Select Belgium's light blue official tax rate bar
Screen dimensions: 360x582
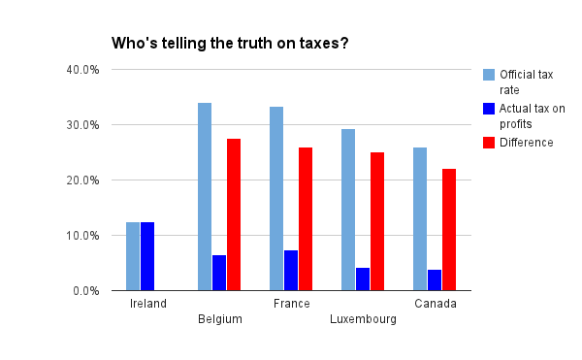pos(205,196)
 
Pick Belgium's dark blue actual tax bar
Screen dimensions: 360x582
pos(219,273)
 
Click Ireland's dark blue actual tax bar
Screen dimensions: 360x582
pos(147,256)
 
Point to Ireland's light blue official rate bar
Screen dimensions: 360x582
pos(133,256)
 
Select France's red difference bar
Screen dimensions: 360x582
pos(306,218)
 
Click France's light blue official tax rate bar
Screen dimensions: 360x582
pos(276,198)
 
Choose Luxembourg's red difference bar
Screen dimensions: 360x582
pos(377,221)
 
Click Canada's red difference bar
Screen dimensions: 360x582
pos(449,229)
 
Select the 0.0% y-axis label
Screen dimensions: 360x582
pos(84,291)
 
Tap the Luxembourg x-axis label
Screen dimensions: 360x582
pos(363,319)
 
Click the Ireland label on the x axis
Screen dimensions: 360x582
pos(148,304)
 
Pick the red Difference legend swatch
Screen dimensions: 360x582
pos(489,143)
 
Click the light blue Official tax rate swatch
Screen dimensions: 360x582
pos(489,74)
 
